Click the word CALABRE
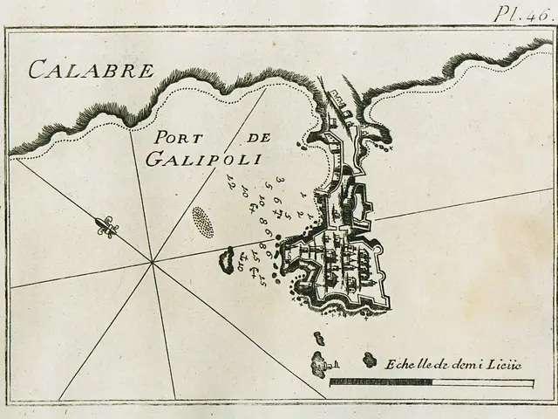coord(92,69)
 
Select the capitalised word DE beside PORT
coord(254,138)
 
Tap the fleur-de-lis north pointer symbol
coord(106,227)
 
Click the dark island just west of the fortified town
coord(229,258)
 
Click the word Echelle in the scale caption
coord(405,361)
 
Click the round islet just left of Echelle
coord(370,360)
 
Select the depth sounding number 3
coord(279,180)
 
